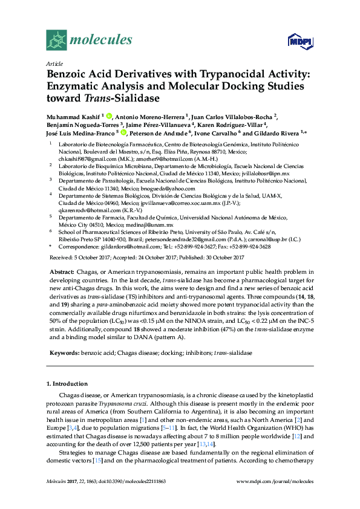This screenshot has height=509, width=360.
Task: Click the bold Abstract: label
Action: (62, 274)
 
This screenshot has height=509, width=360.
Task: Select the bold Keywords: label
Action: (64, 352)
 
